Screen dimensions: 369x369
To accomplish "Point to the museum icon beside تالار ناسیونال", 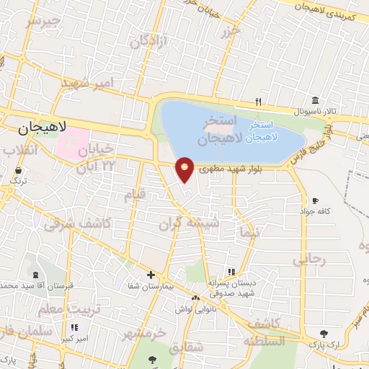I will [316, 100].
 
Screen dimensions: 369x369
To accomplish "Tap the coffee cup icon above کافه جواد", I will [315, 200].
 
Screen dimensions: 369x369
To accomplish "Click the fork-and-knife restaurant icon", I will [258, 102].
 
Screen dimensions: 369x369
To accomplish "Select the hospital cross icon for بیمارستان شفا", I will [151, 275].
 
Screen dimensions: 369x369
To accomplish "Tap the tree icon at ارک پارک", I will [324, 334].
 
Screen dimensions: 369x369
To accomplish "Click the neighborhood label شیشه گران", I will [190, 223].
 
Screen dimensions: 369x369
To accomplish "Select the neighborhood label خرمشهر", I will [144, 333].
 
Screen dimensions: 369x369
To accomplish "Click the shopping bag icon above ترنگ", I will [17, 171].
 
